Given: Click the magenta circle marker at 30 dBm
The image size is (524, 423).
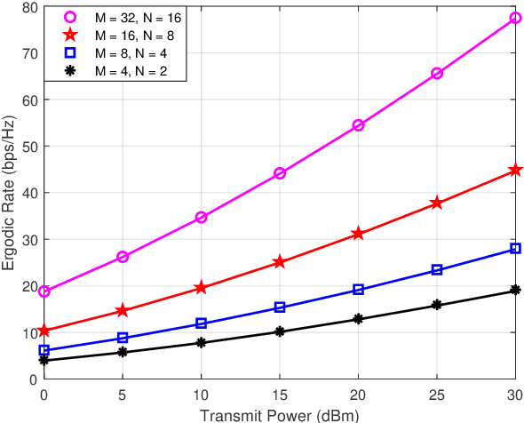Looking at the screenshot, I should pos(515,18).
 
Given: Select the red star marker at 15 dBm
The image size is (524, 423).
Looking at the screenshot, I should pos(280,262).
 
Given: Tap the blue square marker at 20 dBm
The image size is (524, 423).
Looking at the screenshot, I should pos(358,290).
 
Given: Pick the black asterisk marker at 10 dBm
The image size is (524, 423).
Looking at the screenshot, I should pos(201,343).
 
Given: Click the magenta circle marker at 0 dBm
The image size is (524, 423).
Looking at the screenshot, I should pos(44,291).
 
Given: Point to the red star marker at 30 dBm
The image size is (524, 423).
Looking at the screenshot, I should pos(515,170).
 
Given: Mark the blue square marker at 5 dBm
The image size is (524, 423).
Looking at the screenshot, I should pos(123,338).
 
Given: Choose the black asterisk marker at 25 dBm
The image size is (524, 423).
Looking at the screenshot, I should pos(436,305).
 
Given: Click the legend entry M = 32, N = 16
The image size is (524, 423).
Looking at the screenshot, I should pos(137,18).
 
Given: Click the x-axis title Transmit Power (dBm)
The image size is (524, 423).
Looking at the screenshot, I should pos(280,414).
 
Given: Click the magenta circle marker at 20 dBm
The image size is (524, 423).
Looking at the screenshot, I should pos(358,125).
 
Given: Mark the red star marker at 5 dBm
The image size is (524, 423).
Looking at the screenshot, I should pos(123,311).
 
